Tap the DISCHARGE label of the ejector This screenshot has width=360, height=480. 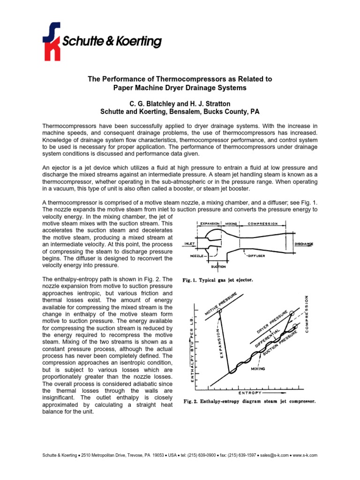click(304, 244)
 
